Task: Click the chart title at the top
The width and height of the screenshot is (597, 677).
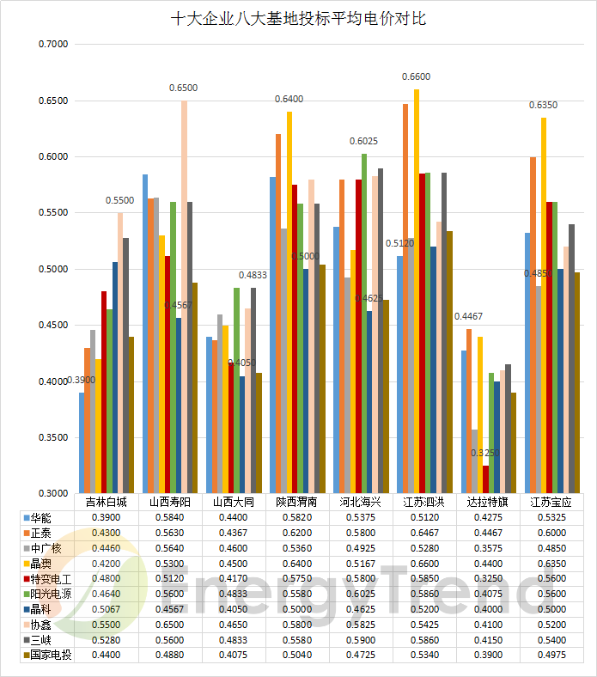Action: tap(298, 18)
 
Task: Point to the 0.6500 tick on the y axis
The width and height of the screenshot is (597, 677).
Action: tap(52, 101)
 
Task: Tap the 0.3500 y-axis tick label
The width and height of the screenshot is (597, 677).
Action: tap(52, 437)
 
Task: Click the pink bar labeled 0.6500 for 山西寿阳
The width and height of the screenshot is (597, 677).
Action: tap(184, 296)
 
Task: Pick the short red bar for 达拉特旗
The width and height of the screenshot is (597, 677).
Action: tap(486, 479)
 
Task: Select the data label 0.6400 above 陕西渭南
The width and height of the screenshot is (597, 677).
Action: tap(289, 99)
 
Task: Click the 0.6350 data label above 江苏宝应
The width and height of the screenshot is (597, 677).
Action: tap(543, 105)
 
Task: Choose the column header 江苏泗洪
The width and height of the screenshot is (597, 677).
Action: tap(423, 502)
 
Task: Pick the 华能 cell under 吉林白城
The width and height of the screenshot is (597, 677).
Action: tap(107, 518)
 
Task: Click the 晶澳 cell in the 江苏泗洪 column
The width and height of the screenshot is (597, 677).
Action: tap(423, 564)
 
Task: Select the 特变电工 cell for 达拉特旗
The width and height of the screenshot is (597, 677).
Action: tap(487, 579)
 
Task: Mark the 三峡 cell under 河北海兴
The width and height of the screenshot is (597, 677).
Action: tap(360, 640)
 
